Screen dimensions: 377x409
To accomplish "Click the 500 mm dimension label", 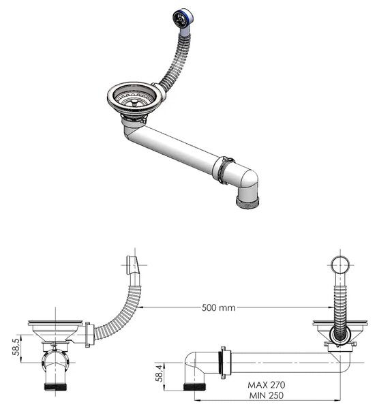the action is [218, 308].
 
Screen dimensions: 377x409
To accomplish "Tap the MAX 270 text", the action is [267, 385].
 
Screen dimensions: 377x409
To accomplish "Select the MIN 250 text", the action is [267, 395].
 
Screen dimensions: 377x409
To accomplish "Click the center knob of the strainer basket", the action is [134, 102].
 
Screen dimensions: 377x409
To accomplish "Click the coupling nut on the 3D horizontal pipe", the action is [224, 170].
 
